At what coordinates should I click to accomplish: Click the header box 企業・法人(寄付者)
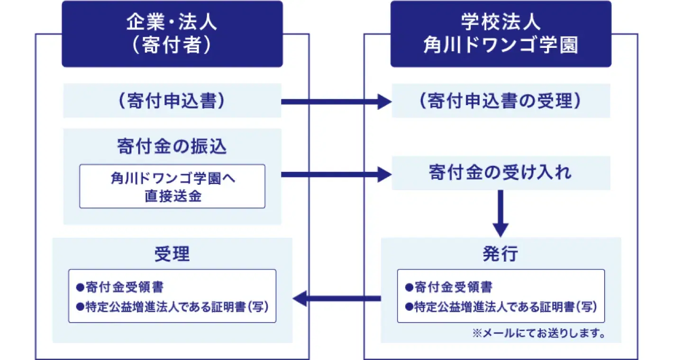(x=172, y=34)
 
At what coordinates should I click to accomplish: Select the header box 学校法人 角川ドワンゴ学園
(x=500, y=34)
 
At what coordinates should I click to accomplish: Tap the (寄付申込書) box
(x=172, y=101)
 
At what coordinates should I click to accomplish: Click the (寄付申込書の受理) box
(x=500, y=101)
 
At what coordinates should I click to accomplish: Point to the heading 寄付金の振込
(x=172, y=147)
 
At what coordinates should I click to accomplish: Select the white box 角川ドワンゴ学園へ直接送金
(x=172, y=186)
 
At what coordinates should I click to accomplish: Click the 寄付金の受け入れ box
(x=500, y=173)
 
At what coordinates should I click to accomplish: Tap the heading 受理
(x=172, y=254)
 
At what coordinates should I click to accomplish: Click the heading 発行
(x=500, y=254)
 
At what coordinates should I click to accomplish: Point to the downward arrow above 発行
(x=500, y=213)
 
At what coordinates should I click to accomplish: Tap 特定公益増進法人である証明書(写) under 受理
(x=173, y=306)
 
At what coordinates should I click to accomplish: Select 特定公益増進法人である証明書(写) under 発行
(x=501, y=306)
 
